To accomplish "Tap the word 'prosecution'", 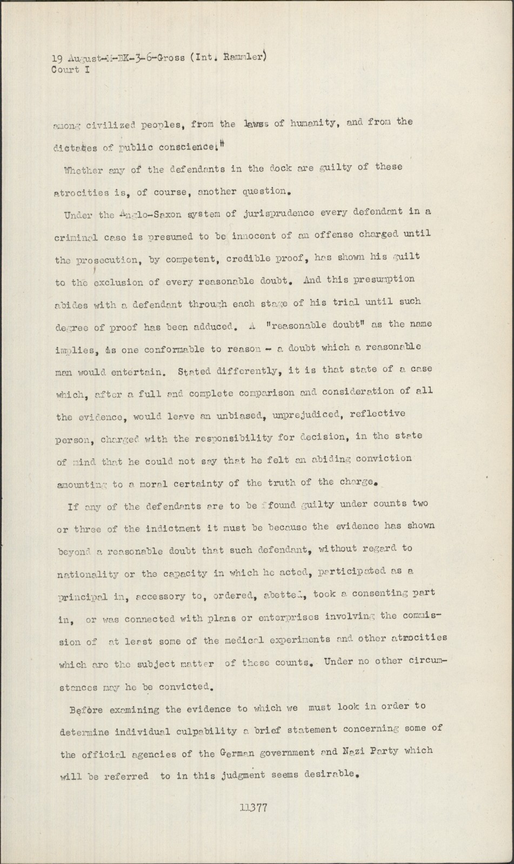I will coord(107,260).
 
